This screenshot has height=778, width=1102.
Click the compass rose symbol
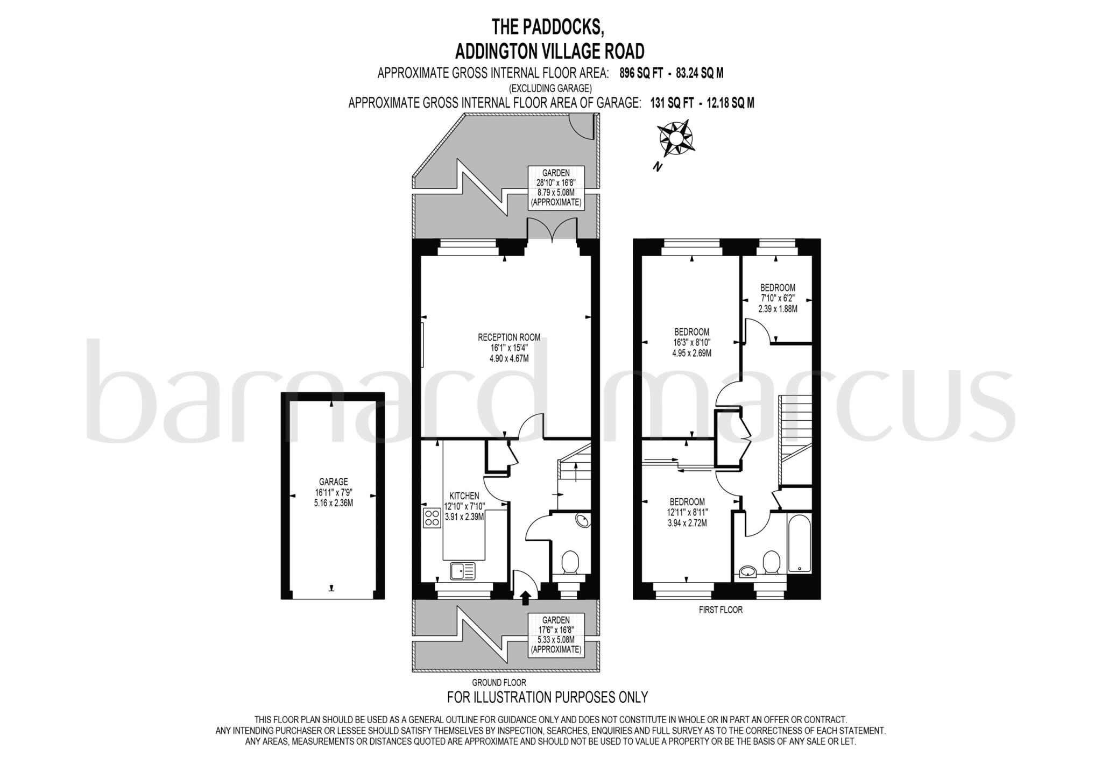pyautogui.click(x=676, y=139)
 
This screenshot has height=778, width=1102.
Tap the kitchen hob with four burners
pyautogui.click(x=432, y=518)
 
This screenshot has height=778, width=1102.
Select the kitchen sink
pyautogui.click(x=463, y=570)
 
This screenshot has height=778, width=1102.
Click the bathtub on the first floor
pyautogui.click(x=799, y=544)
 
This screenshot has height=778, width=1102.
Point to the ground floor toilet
pyautogui.click(x=569, y=563)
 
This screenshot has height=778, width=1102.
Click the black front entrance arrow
pyautogui.click(x=525, y=597)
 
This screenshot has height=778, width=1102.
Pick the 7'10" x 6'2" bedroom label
pyautogui.click(x=778, y=298)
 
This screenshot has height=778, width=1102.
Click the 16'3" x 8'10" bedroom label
pyautogui.click(x=691, y=342)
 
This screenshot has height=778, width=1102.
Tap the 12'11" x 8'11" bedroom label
pyautogui.click(x=687, y=512)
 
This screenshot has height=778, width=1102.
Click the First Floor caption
pyautogui.click(x=720, y=610)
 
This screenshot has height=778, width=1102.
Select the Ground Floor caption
pyautogui.click(x=499, y=682)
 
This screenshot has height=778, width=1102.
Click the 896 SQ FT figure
pyautogui.click(x=641, y=73)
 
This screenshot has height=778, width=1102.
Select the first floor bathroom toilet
pyautogui.click(x=772, y=562)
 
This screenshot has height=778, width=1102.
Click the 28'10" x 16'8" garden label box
pyautogui.click(x=555, y=187)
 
